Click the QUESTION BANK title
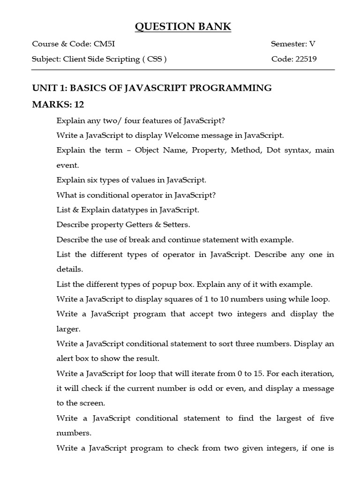[x=183, y=27]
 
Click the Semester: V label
[x=293, y=45]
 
